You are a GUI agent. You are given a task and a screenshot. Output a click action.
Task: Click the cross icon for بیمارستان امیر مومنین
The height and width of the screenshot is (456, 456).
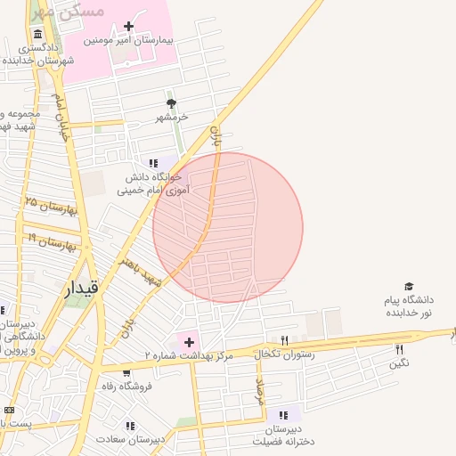130,27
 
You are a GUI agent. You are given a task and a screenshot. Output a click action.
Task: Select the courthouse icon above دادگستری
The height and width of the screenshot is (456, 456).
32,33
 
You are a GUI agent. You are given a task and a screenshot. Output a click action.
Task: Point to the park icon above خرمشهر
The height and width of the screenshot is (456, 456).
171,103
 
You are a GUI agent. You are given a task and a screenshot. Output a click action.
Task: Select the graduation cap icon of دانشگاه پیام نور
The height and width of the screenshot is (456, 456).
409,287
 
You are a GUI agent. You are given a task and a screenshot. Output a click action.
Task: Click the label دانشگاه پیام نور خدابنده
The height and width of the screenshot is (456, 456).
409,307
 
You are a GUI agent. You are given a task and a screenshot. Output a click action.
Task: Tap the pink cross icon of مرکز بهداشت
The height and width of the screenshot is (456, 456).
189,341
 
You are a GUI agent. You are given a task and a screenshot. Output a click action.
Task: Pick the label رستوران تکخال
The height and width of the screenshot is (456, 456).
280,354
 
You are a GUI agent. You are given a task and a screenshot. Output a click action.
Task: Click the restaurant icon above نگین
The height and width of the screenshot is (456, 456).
399,349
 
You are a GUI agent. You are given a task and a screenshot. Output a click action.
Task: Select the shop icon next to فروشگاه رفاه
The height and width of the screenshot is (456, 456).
126,373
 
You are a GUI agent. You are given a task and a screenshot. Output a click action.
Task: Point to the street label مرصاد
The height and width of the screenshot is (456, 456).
261,393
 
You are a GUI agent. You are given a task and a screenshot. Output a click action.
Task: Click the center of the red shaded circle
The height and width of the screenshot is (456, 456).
228,228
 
